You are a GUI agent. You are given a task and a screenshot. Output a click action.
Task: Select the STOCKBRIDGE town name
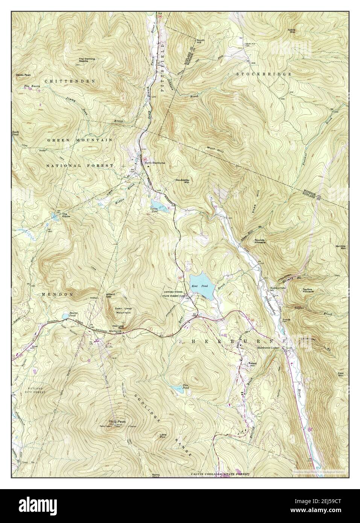(264, 74)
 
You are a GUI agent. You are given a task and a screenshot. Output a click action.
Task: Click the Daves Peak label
(23, 75)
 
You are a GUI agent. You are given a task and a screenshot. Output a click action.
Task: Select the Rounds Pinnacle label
(260, 241)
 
